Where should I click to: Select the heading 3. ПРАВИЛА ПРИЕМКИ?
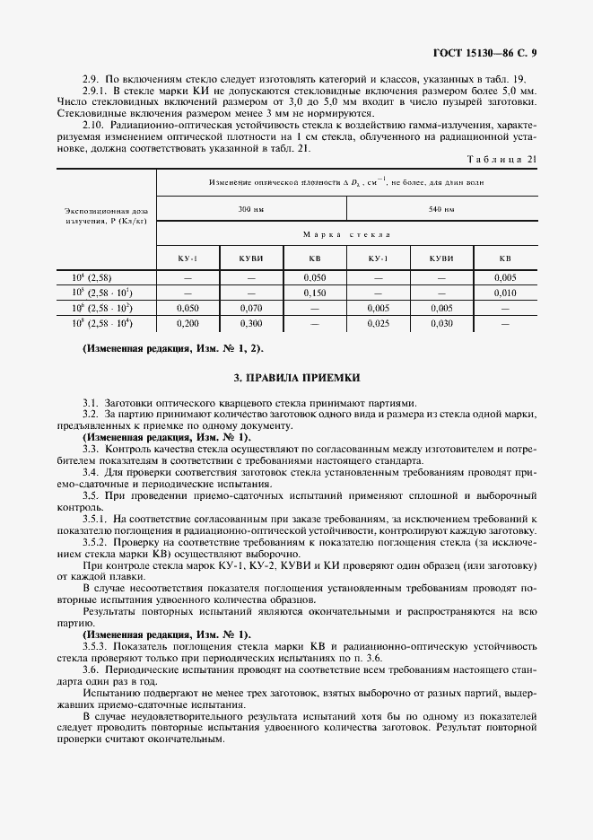[x=296, y=378]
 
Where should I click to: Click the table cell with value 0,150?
[x=315, y=293]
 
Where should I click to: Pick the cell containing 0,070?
[x=251, y=307]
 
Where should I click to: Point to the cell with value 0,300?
[x=251, y=322]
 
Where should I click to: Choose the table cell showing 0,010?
[x=505, y=293]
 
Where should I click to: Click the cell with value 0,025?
[x=378, y=322]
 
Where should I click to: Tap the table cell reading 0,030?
[x=441, y=322]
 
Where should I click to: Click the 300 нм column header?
[x=251, y=209]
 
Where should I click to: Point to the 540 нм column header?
[x=441, y=209]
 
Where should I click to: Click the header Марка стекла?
[x=346, y=233]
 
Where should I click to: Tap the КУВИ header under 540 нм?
[x=441, y=258]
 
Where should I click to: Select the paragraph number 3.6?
[x=90, y=669]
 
